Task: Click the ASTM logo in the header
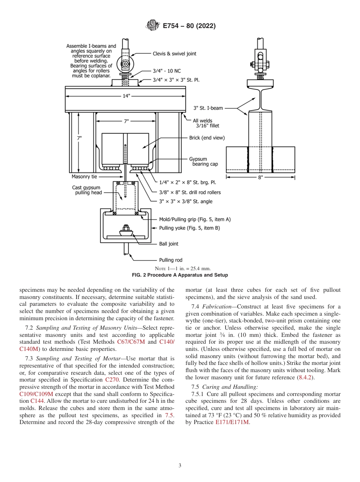tap(152, 26)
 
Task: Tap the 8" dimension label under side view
tap(260, 177)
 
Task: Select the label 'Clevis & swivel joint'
tap(174, 54)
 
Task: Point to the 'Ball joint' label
tap(169, 244)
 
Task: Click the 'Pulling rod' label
tap(171, 260)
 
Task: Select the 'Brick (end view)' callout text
tap(207, 138)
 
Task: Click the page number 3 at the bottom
tap(180, 465)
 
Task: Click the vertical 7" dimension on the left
tap(79, 138)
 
